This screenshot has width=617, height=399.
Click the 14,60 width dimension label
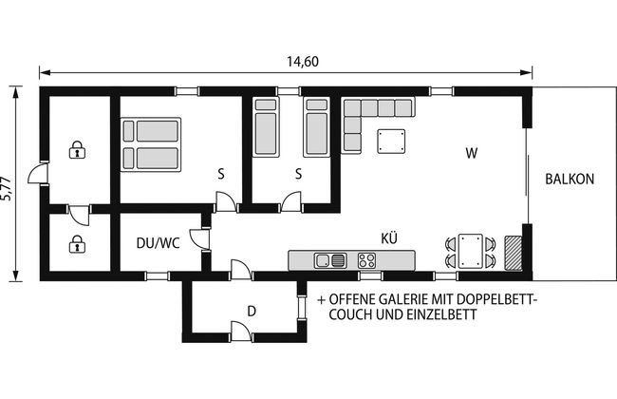tap(303, 62)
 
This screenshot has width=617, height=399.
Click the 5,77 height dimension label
tap(7, 188)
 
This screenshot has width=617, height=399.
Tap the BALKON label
tap(570, 180)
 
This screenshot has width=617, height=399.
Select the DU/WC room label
tap(158, 243)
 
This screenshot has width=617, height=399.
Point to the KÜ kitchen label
tap(389, 237)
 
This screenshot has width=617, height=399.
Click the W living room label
tap(472, 153)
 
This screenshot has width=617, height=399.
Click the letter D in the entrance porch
tap(252, 312)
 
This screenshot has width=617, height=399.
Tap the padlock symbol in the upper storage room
tap(78, 150)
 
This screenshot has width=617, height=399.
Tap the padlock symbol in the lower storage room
tap(78, 244)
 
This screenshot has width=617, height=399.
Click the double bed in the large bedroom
tap(151, 144)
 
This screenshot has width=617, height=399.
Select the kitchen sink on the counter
tap(330, 260)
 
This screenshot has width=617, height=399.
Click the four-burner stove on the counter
tap(366, 260)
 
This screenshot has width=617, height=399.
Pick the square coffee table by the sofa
tap(391, 141)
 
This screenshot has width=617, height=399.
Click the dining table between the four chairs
tap(471, 252)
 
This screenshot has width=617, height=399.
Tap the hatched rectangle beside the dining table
tap(514, 253)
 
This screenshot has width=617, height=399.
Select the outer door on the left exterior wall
tap(38, 173)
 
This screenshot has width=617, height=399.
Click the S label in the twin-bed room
tap(299, 174)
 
